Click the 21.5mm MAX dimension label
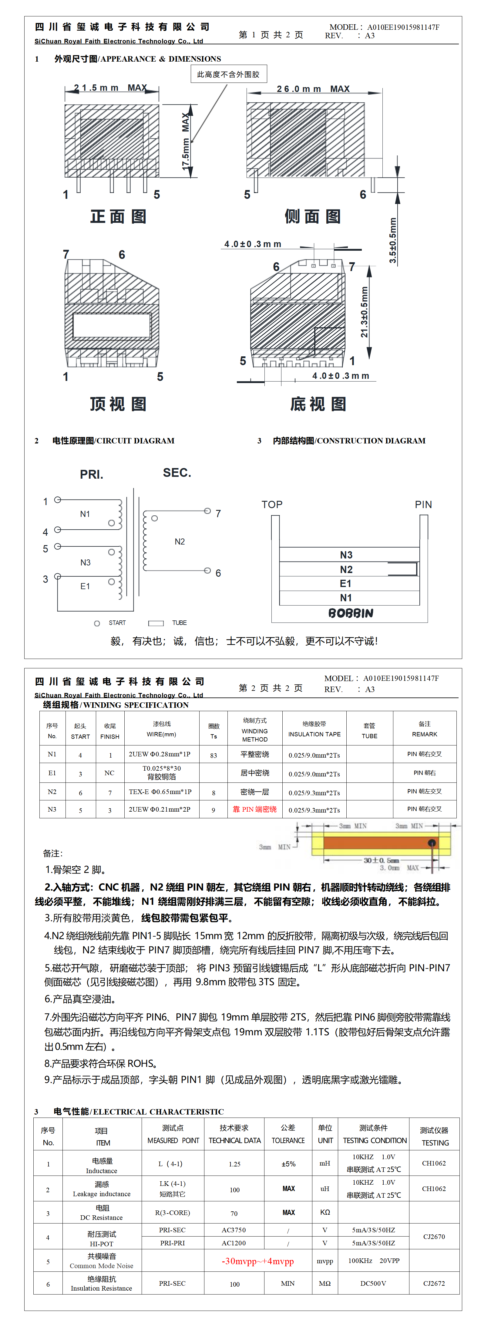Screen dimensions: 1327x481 (x=110, y=88)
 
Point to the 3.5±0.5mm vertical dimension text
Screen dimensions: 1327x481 (x=393, y=240)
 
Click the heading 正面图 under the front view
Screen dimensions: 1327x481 (x=119, y=216)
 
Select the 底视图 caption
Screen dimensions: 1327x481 (x=318, y=404)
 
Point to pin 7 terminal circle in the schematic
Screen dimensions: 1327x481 (x=207, y=511)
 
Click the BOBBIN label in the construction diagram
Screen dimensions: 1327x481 (x=351, y=613)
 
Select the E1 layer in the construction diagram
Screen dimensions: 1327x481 (x=345, y=584)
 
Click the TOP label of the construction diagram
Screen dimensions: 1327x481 (x=272, y=505)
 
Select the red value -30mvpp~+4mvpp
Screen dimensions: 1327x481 (x=257, y=1261)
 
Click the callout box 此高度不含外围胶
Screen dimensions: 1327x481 (x=228, y=74)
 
